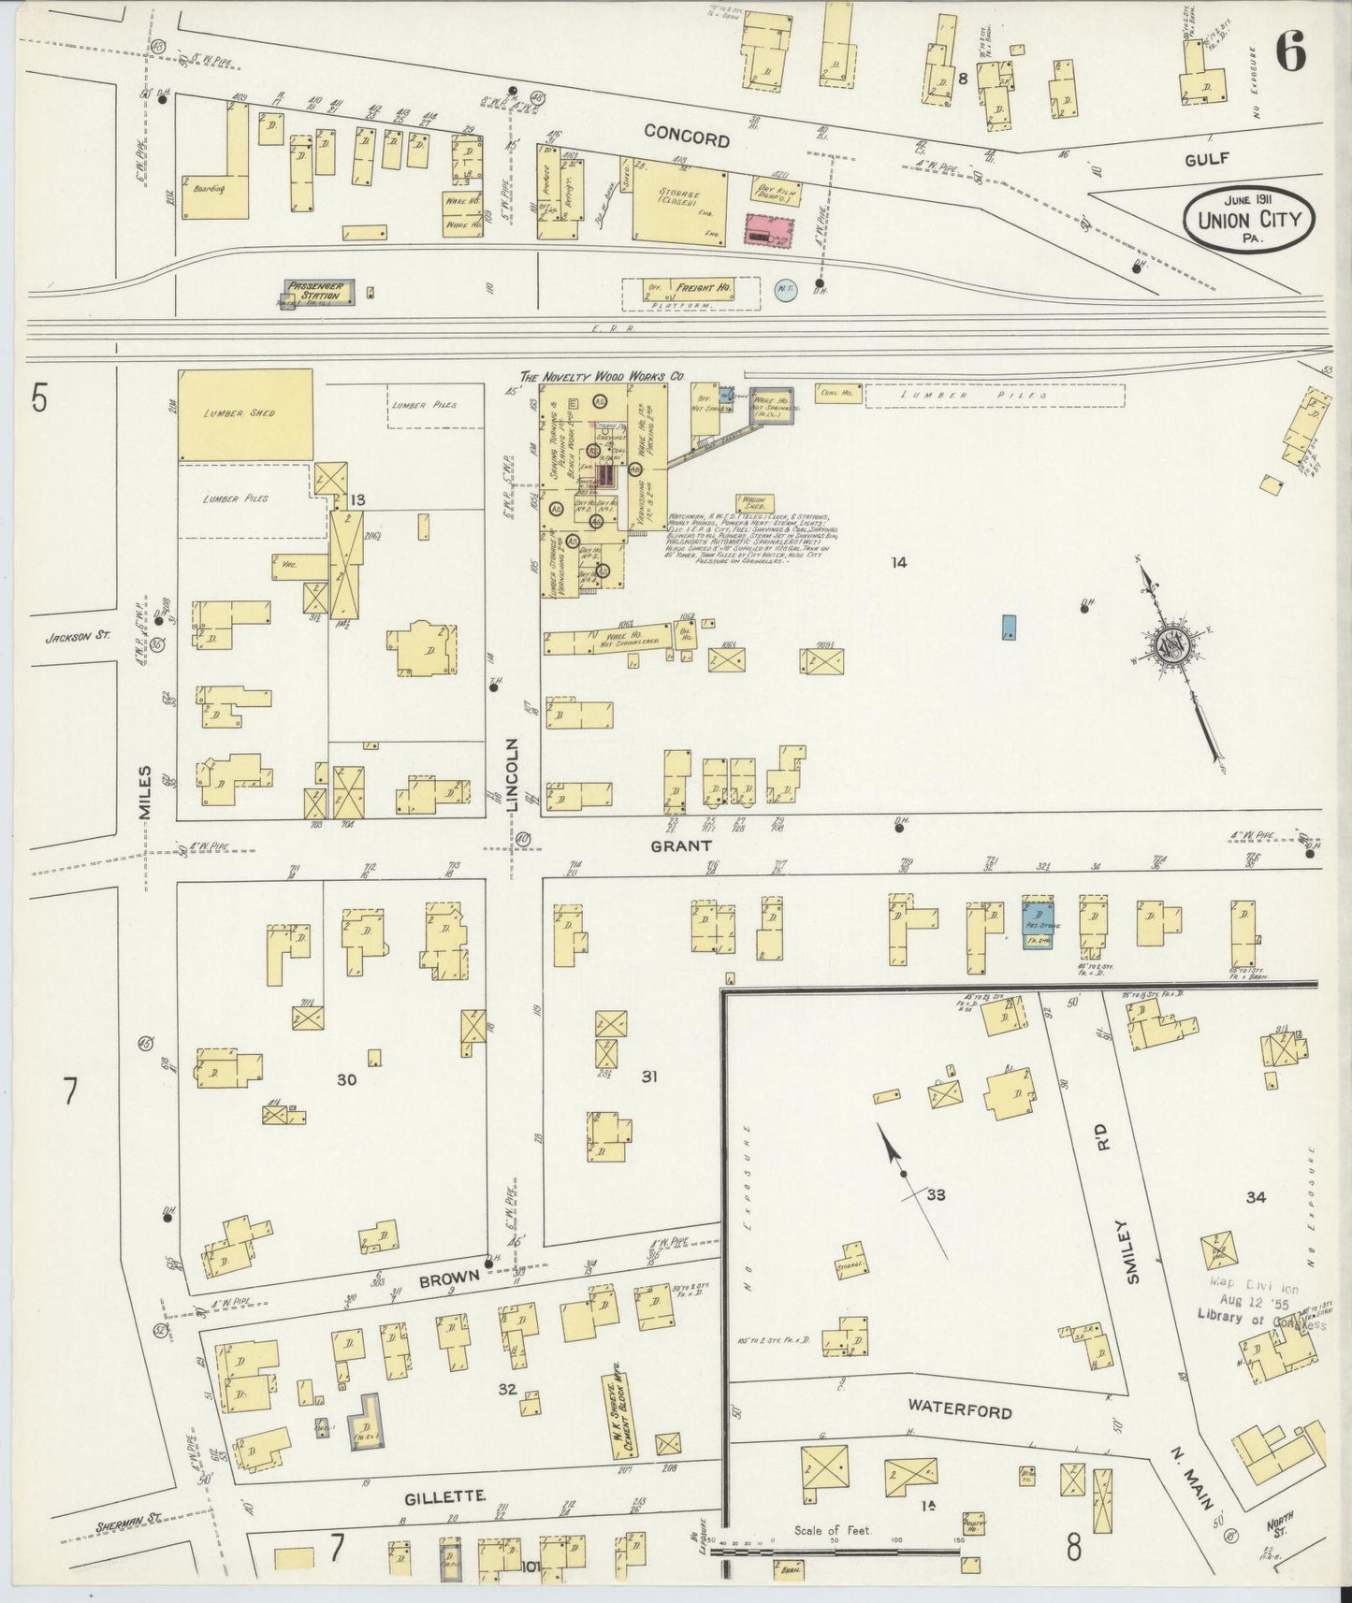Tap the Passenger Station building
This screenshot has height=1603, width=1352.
point(319,292)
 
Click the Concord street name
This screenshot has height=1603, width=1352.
point(687,139)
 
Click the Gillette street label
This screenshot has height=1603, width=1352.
point(444,1497)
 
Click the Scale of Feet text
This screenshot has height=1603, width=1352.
point(833,1531)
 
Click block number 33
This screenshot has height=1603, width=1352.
point(935,1195)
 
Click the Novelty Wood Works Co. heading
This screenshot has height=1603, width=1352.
point(602,377)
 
